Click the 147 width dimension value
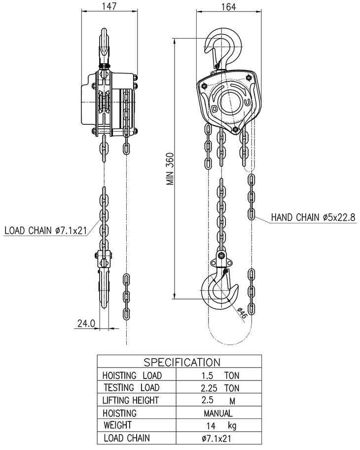tap(109, 6)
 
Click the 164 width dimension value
tap(229, 7)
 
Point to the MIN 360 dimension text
tap(171, 169)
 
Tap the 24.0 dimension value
tap(86, 324)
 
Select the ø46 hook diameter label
tap(242, 312)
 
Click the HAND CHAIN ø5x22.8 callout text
tap(313, 218)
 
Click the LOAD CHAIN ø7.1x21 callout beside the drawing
tap(45, 230)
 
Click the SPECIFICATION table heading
tap(182, 362)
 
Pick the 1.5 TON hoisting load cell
tap(220, 375)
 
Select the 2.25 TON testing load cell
tap(220, 388)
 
